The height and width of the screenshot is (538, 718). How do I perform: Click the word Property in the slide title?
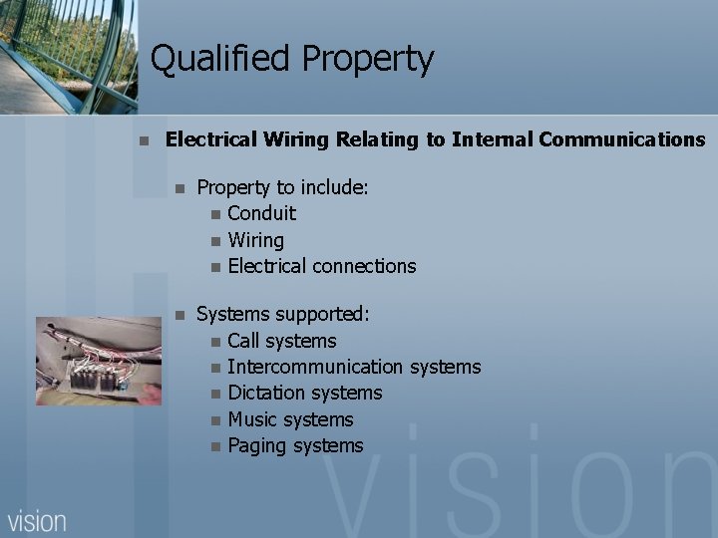368,60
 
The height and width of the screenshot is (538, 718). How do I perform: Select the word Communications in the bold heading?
621,139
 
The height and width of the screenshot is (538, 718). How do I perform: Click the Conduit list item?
261,213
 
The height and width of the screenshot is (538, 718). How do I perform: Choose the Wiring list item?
255,240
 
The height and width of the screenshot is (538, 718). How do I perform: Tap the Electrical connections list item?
321,266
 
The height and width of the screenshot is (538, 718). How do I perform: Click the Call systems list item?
281,341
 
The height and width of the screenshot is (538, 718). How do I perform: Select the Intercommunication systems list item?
354,367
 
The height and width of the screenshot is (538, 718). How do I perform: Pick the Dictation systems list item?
304,394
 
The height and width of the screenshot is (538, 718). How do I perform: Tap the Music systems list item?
290,419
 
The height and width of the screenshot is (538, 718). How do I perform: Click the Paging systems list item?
295,445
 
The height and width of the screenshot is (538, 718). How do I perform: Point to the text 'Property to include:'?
282,187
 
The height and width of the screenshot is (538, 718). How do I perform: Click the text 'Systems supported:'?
282,315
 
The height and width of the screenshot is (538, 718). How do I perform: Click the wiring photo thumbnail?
98,361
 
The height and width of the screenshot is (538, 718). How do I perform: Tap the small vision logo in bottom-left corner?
37,520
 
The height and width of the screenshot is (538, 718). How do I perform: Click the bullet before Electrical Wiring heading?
145,140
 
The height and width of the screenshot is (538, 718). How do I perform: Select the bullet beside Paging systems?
215,446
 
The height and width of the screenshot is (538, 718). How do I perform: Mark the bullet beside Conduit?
215,214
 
